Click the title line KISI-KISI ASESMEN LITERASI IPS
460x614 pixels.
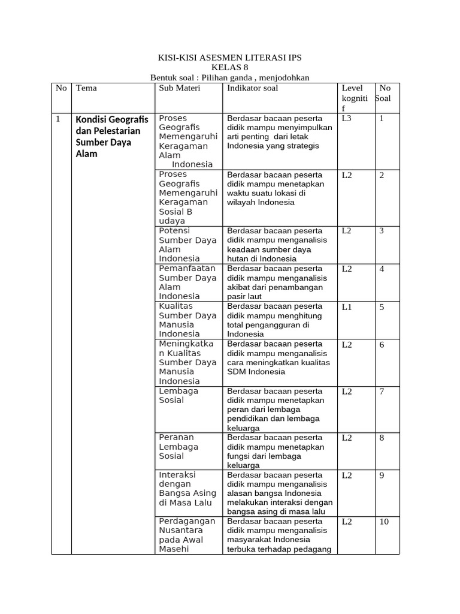pyautogui.click(x=229, y=58)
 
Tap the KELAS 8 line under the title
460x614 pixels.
pyautogui.click(x=229, y=67)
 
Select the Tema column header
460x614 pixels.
pyautogui.click(x=86, y=88)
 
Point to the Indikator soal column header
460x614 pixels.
pyautogui.click(x=252, y=88)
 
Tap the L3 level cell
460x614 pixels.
pyautogui.click(x=347, y=119)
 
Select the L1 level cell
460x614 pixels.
pyautogui.click(x=347, y=307)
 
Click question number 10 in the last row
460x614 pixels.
pyautogui.click(x=384, y=522)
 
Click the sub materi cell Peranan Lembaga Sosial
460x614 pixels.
pyautogui.click(x=178, y=447)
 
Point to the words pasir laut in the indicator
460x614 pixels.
pyautogui.click(x=244, y=296)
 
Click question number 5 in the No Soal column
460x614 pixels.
pyautogui.click(x=382, y=307)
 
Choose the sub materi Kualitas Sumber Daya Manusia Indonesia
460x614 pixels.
pyautogui.click(x=187, y=320)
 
